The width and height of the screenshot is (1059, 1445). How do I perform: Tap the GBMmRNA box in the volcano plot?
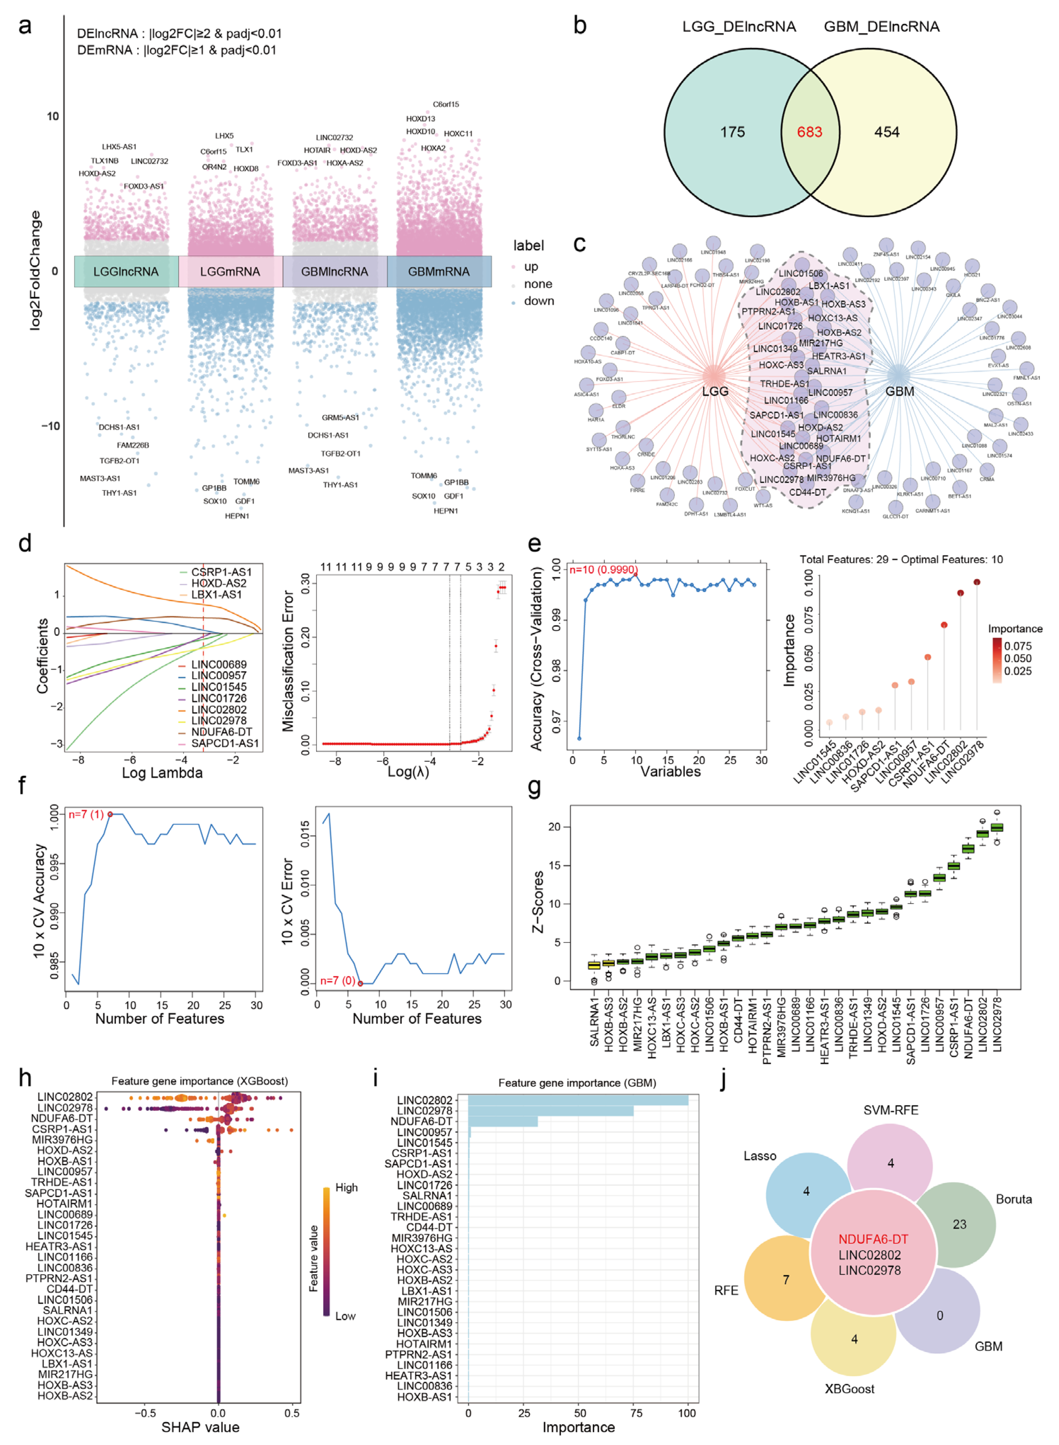[x=439, y=271]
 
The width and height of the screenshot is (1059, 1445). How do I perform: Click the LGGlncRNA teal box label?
[x=126, y=271]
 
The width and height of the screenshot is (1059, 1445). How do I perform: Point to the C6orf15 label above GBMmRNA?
[x=446, y=104]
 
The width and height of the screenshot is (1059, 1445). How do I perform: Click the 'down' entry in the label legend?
[x=538, y=301]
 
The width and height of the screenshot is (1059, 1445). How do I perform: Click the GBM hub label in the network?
[x=899, y=391]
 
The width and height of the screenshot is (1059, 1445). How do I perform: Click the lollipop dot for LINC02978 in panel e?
[x=977, y=582]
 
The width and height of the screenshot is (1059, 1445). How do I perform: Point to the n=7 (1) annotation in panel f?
[x=86, y=814]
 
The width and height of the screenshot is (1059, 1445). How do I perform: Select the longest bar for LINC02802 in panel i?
[x=577, y=1100]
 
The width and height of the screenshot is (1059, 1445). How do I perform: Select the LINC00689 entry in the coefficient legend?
[x=218, y=664]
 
